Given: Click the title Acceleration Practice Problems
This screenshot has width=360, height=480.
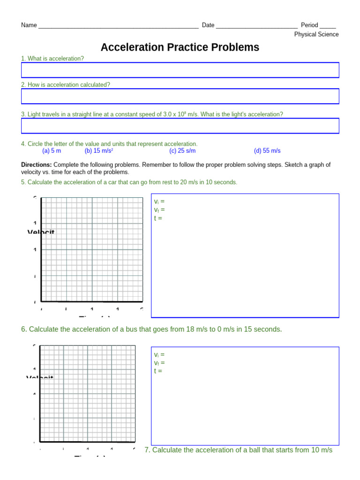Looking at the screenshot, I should pyautogui.click(x=180, y=47).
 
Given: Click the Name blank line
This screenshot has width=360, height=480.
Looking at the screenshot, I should pyautogui.click(x=118, y=26).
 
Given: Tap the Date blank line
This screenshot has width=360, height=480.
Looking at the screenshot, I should pyautogui.click(x=256, y=26).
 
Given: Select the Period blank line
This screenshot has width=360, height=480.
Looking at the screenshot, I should pyautogui.click(x=328, y=26).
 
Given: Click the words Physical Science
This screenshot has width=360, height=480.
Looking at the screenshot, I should pyautogui.click(x=316, y=35).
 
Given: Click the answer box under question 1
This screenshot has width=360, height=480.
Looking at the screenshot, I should pyautogui.click(x=180, y=70).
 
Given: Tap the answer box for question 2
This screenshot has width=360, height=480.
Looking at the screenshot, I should pyautogui.click(x=180, y=96).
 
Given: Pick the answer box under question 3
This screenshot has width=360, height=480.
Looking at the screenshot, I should pyautogui.click(x=180, y=126).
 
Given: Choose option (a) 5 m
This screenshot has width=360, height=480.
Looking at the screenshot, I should pyautogui.click(x=52, y=151).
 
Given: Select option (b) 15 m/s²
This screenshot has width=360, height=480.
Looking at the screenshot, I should pyautogui.click(x=99, y=151).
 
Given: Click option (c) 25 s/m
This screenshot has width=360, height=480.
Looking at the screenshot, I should pyautogui.click(x=182, y=151).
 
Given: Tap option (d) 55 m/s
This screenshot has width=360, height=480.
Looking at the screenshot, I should pyautogui.click(x=267, y=151).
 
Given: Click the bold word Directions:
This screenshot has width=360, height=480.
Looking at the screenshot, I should pyautogui.click(x=37, y=165).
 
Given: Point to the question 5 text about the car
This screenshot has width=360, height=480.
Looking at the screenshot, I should pyautogui.click(x=129, y=182).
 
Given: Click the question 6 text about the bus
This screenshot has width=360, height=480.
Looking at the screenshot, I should pyautogui.click(x=151, y=330).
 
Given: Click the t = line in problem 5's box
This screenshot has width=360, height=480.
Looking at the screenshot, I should pyautogui.click(x=158, y=218).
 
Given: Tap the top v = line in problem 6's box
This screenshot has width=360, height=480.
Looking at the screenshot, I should pyautogui.click(x=159, y=355).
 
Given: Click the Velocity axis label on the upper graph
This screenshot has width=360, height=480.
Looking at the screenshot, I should pyautogui.click(x=41, y=232).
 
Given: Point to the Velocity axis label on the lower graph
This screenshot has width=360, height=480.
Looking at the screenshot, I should pyautogui.click(x=40, y=378).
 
